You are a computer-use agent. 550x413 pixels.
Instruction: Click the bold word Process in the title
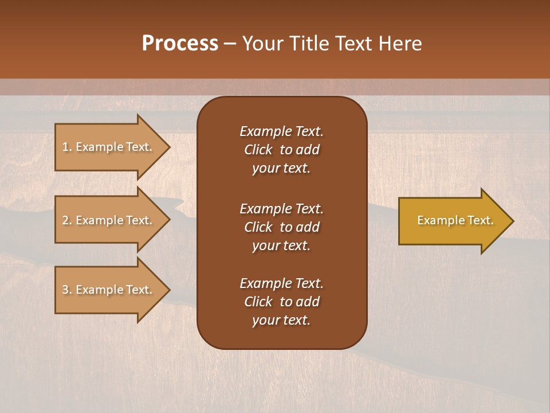tap(180, 44)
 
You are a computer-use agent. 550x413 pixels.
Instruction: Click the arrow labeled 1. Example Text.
tap(109, 147)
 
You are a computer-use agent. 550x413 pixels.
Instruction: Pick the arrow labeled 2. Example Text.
tap(109, 220)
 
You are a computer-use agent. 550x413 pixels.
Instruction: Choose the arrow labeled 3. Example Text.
tap(109, 290)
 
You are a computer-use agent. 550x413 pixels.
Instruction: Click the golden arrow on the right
tap(453, 220)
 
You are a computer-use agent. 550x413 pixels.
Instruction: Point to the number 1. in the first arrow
tap(66, 147)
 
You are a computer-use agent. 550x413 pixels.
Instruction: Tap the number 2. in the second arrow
tap(66, 220)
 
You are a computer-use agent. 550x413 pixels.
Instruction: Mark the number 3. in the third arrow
tap(66, 290)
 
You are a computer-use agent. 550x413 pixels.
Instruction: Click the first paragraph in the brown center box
tap(281, 150)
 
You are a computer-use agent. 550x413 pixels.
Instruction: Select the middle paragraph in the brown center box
tap(281, 227)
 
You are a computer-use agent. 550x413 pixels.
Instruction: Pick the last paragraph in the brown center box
tap(281, 302)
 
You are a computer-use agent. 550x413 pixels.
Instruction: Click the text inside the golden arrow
tap(455, 220)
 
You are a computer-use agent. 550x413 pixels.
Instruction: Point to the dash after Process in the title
tap(230, 44)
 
